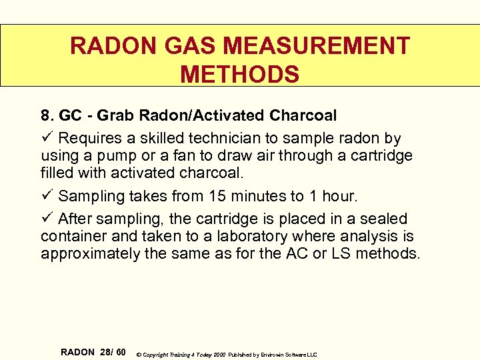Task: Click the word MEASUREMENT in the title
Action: click(x=317, y=46)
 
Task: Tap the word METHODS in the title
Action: click(x=240, y=74)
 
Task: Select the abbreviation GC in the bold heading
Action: click(x=71, y=115)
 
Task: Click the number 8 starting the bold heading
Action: click(x=47, y=115)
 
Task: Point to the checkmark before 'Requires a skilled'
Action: click(x=47, y=138)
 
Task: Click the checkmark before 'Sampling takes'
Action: click(x=47, y=196)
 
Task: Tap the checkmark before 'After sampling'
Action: click(x=47, y=219)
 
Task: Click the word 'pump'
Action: click(x=127, y=155)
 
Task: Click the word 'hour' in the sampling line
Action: click(x=339, y=196)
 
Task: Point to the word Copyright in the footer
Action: click(x=159, y=354)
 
